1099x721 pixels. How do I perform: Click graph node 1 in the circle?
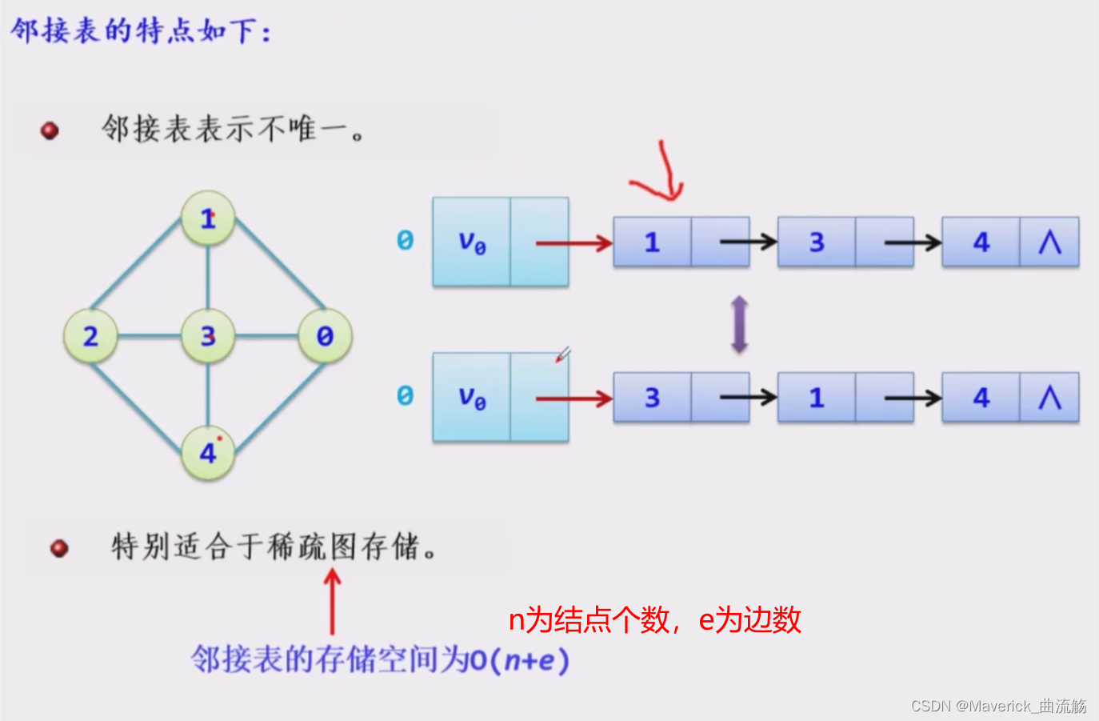(208, 218)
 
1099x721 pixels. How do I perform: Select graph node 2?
(91, 336)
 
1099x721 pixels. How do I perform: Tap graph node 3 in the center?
(208, 336)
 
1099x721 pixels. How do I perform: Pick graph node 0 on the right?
(325, 336)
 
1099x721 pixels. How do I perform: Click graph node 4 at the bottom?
(208, 453)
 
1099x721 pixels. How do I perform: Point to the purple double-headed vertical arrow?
(740, 324)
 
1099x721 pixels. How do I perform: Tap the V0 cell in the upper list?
(472, 242)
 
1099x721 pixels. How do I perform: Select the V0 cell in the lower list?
(472, 397)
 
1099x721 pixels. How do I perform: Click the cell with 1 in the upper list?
(652, 242)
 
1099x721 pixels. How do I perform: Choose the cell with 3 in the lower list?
(652, 398)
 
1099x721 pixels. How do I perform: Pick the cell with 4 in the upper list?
(981, 242)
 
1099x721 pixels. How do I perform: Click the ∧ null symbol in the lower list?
(1049, 398)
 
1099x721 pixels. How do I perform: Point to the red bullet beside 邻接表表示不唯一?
(50, 130)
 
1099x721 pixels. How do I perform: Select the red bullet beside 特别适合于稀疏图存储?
(59, 548)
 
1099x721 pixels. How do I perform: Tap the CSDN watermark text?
(998, 706)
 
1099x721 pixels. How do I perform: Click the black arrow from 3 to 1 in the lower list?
(748, 398)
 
